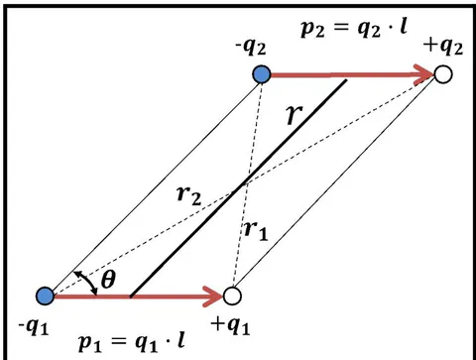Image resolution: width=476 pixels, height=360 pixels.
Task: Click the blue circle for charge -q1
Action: pos(46,296)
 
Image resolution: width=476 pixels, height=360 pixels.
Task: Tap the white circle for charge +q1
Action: pos(232,296)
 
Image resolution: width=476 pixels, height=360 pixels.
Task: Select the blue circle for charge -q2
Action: pos(262,74)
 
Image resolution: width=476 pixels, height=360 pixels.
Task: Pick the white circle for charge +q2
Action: pos(443,74)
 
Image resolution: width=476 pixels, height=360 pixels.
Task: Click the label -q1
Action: pos(34,327)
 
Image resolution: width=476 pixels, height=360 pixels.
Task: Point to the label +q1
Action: pos(230,326)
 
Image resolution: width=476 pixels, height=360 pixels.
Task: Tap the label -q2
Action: pos(251,49)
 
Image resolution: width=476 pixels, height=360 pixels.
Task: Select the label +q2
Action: pos(444,47)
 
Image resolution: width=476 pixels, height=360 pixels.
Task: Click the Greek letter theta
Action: pos(108,280)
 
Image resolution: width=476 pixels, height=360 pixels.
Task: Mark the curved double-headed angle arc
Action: pos(88,281)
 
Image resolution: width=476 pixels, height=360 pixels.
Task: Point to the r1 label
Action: pos(256,230)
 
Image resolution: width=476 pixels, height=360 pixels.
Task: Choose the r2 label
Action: pos(189,195)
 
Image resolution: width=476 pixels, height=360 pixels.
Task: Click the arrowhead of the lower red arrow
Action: pos(213,297)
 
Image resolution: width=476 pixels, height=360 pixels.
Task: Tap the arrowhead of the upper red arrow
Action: pos(424,74)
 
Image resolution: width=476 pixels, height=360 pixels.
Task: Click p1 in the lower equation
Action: pos(89,343)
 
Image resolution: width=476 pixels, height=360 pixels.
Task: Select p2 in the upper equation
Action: pos(312,29)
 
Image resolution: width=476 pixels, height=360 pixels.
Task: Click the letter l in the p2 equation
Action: pos(403,26)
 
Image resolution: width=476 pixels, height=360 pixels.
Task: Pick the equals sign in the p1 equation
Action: pos(118,340)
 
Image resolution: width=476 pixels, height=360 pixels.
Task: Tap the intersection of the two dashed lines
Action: pos(245,184)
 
